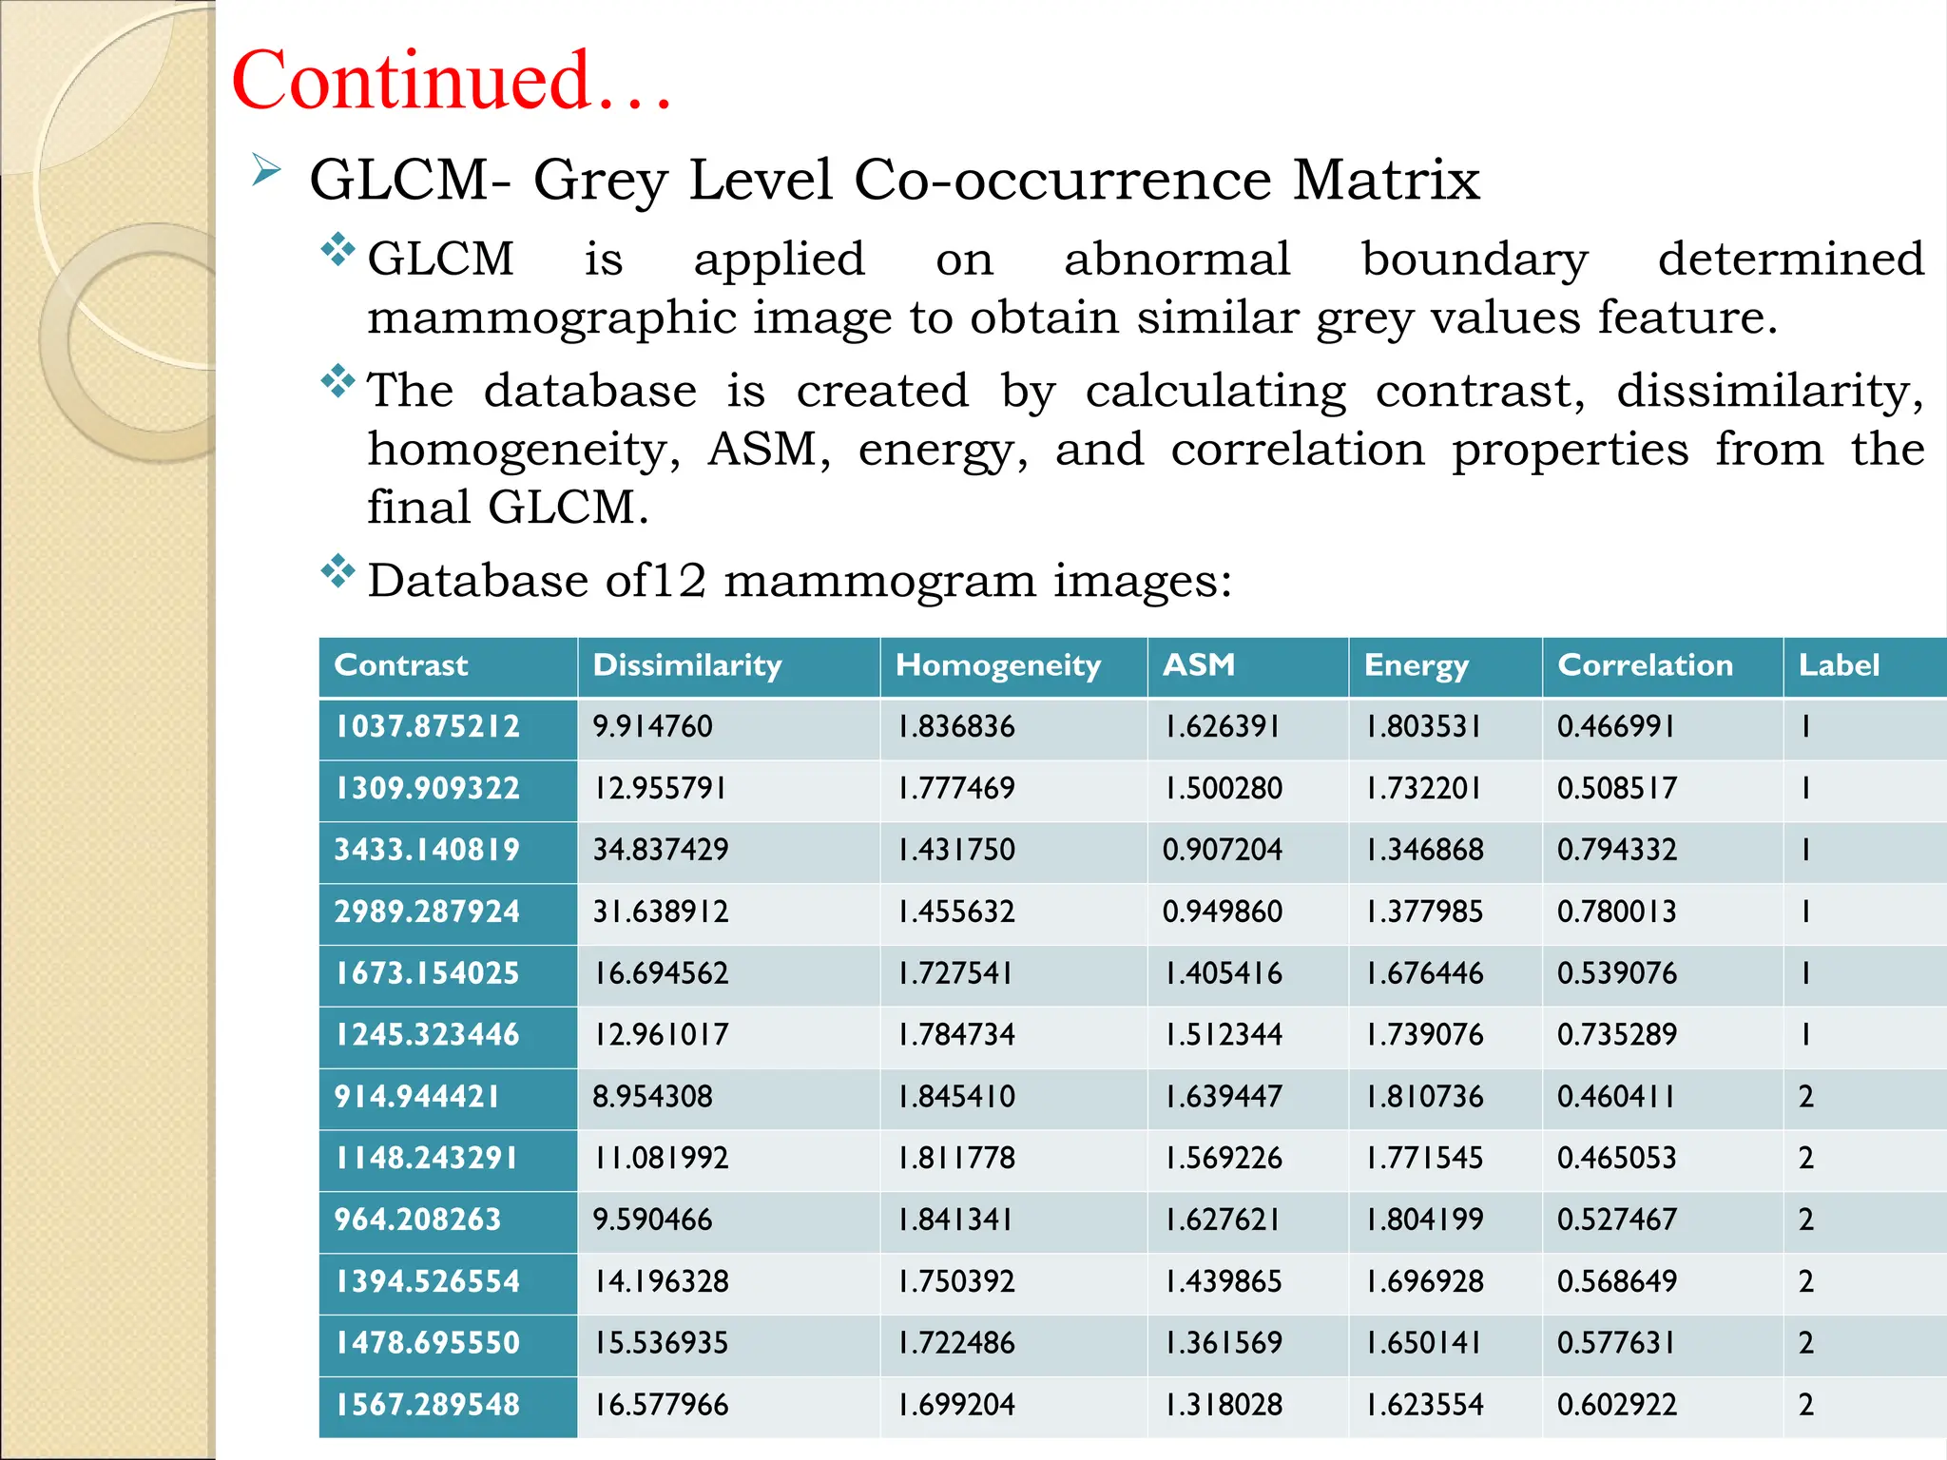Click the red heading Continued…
click(452, 81)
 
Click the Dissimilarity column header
click(686, 665)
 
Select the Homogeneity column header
click(997, 665)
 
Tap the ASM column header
click(1198, 664)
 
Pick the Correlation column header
click(1645, 665)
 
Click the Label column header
click(1839, 665)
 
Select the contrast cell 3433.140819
click(427, 850)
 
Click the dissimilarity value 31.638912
click(661, 912)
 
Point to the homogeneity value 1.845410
click(956, 1097)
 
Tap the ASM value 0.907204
click(1222, 850)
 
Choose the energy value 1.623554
click(1424, 1405)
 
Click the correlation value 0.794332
click(1616, 850)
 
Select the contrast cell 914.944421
click(416, 1097)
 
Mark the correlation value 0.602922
click(1616, 1405)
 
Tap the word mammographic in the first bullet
click(551, 318)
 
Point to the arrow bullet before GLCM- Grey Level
click(266, 171)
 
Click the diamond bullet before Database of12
click(337, 572)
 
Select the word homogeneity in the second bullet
click(523, 451)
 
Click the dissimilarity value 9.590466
click(652, 1220)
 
